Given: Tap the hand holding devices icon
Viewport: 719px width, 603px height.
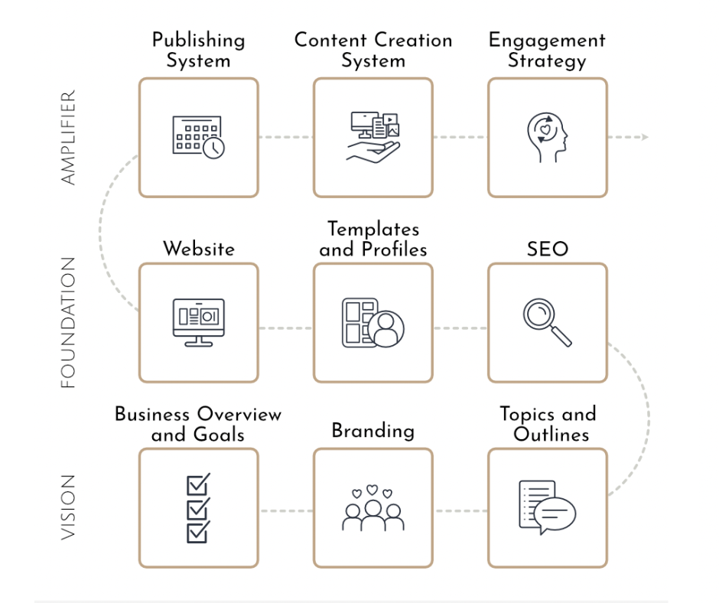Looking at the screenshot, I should pyautogui.click(x=373, y=137).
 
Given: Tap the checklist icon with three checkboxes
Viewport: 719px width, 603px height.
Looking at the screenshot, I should pyautogui.click(x=198, y=508).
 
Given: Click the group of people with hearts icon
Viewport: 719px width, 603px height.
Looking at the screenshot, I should pyautogui.click(x=373, y=508).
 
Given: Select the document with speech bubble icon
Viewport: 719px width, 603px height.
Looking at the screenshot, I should pyautogui.click(x=547, y=508).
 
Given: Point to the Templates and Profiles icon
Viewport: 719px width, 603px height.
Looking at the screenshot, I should pyautogui.click(x=373, y=322).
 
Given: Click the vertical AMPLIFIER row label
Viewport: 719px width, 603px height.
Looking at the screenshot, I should pyautogui.click(x=69, y=138).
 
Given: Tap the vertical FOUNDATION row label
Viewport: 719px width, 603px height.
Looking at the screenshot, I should pyautogui.click(x=69, y=322).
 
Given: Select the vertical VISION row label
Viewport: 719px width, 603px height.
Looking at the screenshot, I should pyautogui.click(x=69, y=507).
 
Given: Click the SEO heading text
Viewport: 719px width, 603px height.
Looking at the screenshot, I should pyautogui.click(x=548, y=249).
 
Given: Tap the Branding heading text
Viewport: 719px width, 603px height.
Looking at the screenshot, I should pyautogui.click(x=373, y=431).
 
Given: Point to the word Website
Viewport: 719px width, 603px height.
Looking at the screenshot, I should pyautogui.click(x=198, y=249).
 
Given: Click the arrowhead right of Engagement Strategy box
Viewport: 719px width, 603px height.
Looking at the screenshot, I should pyautogui.click(x=644, y=138).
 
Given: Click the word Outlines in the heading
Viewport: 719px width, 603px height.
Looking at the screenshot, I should pyautogui.click(x=551, y=435).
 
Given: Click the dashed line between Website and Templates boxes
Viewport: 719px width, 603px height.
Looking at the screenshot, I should pyautogui.click(x=285, y=328).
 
